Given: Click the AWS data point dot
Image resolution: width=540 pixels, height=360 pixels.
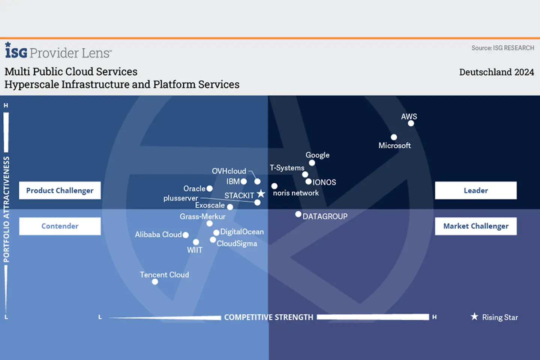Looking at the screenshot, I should pyautogui.click(x=411, y=123).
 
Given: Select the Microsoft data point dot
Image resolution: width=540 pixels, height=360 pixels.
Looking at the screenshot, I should pyautogui.click(x=394, y=137).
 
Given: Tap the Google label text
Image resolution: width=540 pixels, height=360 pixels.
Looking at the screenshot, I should pyautogui.click(x=317, y=155).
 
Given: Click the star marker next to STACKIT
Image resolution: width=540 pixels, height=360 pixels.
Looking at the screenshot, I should pyautogui.click(x=261, y=194).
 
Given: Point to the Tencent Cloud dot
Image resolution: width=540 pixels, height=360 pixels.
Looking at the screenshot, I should pyautogui.click(x=155, y=282).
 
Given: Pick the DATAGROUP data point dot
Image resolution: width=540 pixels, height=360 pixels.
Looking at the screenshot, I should pyautogui.click(x=298, y=214).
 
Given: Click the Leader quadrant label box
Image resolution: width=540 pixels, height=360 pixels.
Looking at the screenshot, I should pyautogui.click(x=475, y=190).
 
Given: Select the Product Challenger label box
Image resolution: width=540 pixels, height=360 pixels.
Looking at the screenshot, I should pyautogui.click(x=60, y=190).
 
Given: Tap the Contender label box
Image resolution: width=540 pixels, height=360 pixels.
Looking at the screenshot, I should pyautogui.click(x=60, y=226).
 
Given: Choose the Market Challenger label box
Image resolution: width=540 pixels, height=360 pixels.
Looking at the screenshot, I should pyautogui.click(x=475, y=226).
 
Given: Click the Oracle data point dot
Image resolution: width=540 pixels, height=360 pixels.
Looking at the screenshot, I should pyautogui.click(x=210, y=189).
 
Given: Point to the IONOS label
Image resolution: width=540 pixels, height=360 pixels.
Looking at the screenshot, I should pyautogui.click(x=324, y=182).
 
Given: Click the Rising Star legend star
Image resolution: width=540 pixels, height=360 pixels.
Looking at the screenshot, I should pyautogui.click(x=474, y=316).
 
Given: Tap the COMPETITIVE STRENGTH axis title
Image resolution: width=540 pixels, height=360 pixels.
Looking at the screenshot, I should pyautogui.click(x=268, y=317).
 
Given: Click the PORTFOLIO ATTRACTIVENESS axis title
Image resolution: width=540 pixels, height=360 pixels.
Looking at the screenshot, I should pyautogui.click(x=6, y=209).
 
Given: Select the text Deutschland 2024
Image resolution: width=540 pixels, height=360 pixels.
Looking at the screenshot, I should pyautogui.click(x=496, y=72).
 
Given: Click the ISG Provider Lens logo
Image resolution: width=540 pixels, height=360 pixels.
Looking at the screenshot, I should pyautogui.click(x=58, y=51).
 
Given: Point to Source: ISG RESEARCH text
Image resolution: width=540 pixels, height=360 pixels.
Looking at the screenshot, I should pyautogui.click(x=502, y=48).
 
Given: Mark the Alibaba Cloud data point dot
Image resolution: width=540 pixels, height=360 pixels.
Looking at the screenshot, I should pyautogui.click(x=186, y=235).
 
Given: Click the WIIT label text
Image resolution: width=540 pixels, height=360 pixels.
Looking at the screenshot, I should pyautogui.click(x=195, y=250).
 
